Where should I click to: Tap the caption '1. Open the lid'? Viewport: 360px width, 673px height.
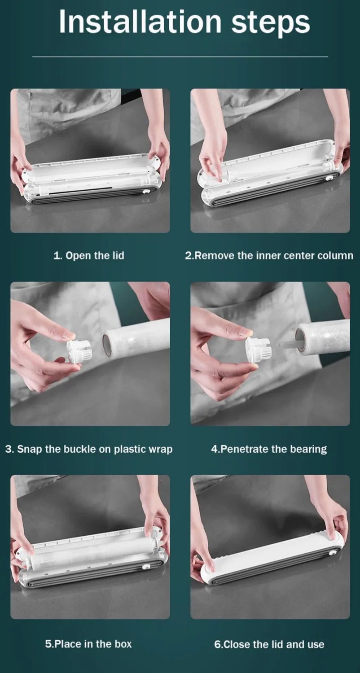click(88, 256)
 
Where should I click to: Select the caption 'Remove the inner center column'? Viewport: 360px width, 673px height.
click(274, 256)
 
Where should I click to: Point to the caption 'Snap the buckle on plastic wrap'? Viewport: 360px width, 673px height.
click(95, 449)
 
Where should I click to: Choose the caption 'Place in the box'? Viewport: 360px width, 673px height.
click(93, 644)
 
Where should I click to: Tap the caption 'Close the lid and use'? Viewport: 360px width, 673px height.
click(274, 644)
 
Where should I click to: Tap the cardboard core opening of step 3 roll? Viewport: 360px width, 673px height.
click(107, 345)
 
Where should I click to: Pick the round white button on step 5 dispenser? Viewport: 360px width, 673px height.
click(146, 567)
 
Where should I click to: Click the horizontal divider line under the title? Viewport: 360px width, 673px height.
click(180, 57)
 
